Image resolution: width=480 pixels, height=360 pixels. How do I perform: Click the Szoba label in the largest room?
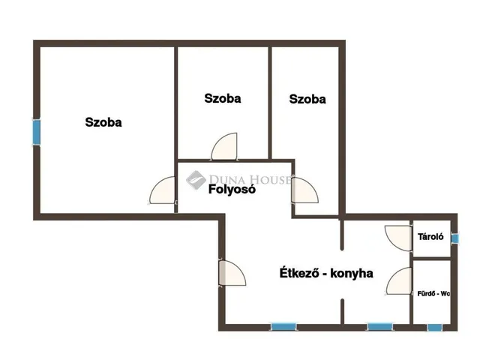pyautogui.click(x=103, y=122)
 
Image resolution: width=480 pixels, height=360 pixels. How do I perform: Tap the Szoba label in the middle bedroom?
pyautogui.click(x=223, y=98)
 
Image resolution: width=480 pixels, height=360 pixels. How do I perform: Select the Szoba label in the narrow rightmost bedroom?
pyautogui.click(x=307, y=99)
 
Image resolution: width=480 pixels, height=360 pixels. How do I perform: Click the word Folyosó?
pyautogui.click(x=232, y=189)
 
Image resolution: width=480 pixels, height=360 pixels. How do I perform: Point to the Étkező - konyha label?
pyautogui.click(x=326, y=273)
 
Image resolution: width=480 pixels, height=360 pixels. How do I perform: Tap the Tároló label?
pyautogui.click(x=430, y=237)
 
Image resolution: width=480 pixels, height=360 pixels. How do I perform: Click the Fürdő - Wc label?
pyautogui.click(x=433, y=293)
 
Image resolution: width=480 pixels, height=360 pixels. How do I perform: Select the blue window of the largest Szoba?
pyautogui.click(x=37, y=132)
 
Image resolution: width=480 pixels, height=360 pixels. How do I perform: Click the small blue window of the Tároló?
pyautogui.click(x=455, y=238)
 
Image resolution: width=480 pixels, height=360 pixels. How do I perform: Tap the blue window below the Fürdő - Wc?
pyautogui.click(x=435, y=328)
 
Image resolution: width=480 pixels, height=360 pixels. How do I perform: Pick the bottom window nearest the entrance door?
pyautogui.click(x=283, y=327)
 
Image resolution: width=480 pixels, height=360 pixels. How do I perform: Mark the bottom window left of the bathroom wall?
pyautogui.click(x=380, y=327)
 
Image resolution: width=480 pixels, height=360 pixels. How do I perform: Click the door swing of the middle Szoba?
pyautogui.click(x=224, y=146)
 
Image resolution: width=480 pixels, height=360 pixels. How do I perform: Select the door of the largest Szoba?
pyautogui.click(x=162, y=190)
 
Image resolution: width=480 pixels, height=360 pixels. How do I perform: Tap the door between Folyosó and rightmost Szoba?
pyautogui.click(x=305, y=190)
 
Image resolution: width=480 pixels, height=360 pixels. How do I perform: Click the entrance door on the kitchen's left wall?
pyautogui.click(x=232, y=273)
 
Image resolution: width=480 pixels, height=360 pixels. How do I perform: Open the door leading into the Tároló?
pyautogui.click(x=398, y=238)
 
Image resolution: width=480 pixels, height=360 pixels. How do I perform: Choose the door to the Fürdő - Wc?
pyautogui.click(x=399, y=281)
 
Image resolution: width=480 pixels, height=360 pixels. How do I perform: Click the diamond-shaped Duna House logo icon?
pyautogui.click(x=196, y=180)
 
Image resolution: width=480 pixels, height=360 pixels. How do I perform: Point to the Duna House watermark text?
pyautogui.click(x=250, y=179)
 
